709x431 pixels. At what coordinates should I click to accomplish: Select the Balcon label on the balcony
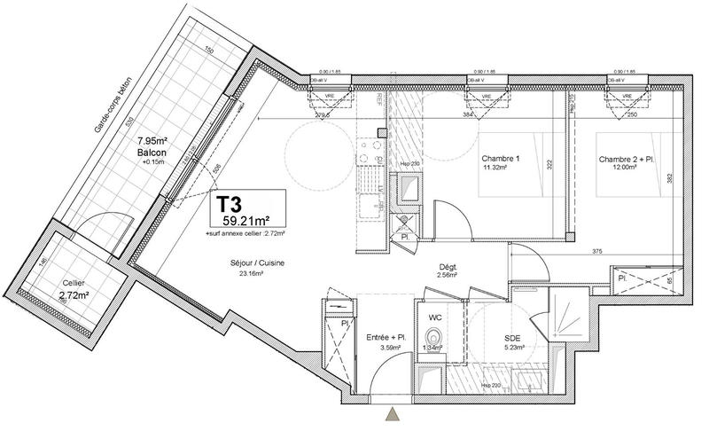pos(152,152)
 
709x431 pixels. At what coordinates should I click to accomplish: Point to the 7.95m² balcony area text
pos(152,141)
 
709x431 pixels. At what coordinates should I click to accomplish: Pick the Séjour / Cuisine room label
pos(247,263)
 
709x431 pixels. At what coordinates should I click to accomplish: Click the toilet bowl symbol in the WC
pos(433,339)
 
